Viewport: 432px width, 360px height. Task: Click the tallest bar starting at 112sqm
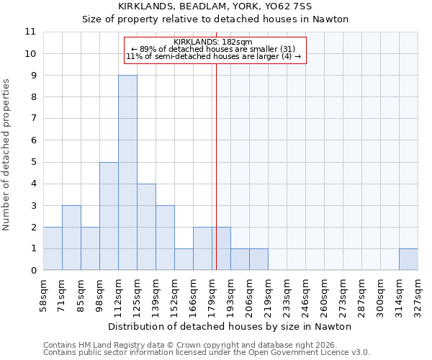[127, 173]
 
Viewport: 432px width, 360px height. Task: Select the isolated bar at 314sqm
[408, 259]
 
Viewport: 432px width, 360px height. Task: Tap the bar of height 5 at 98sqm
[109, 216]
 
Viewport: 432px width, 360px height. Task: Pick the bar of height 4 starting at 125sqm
[146, 227]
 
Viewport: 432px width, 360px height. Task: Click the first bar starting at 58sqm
[53, 248]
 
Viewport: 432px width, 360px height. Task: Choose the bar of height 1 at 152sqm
[184, 259]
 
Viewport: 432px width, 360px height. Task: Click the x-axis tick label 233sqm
[287, 294]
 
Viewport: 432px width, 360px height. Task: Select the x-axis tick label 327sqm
[418, 294]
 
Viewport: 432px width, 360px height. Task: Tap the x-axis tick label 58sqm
[43, 294]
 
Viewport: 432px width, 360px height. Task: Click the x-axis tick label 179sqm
[212, 294]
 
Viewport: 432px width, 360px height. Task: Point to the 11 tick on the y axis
[30, 32]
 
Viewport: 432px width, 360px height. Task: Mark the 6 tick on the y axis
[32, 140]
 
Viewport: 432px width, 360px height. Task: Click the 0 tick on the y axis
[32, 271]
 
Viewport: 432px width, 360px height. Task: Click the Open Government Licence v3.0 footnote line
[207, 353]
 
